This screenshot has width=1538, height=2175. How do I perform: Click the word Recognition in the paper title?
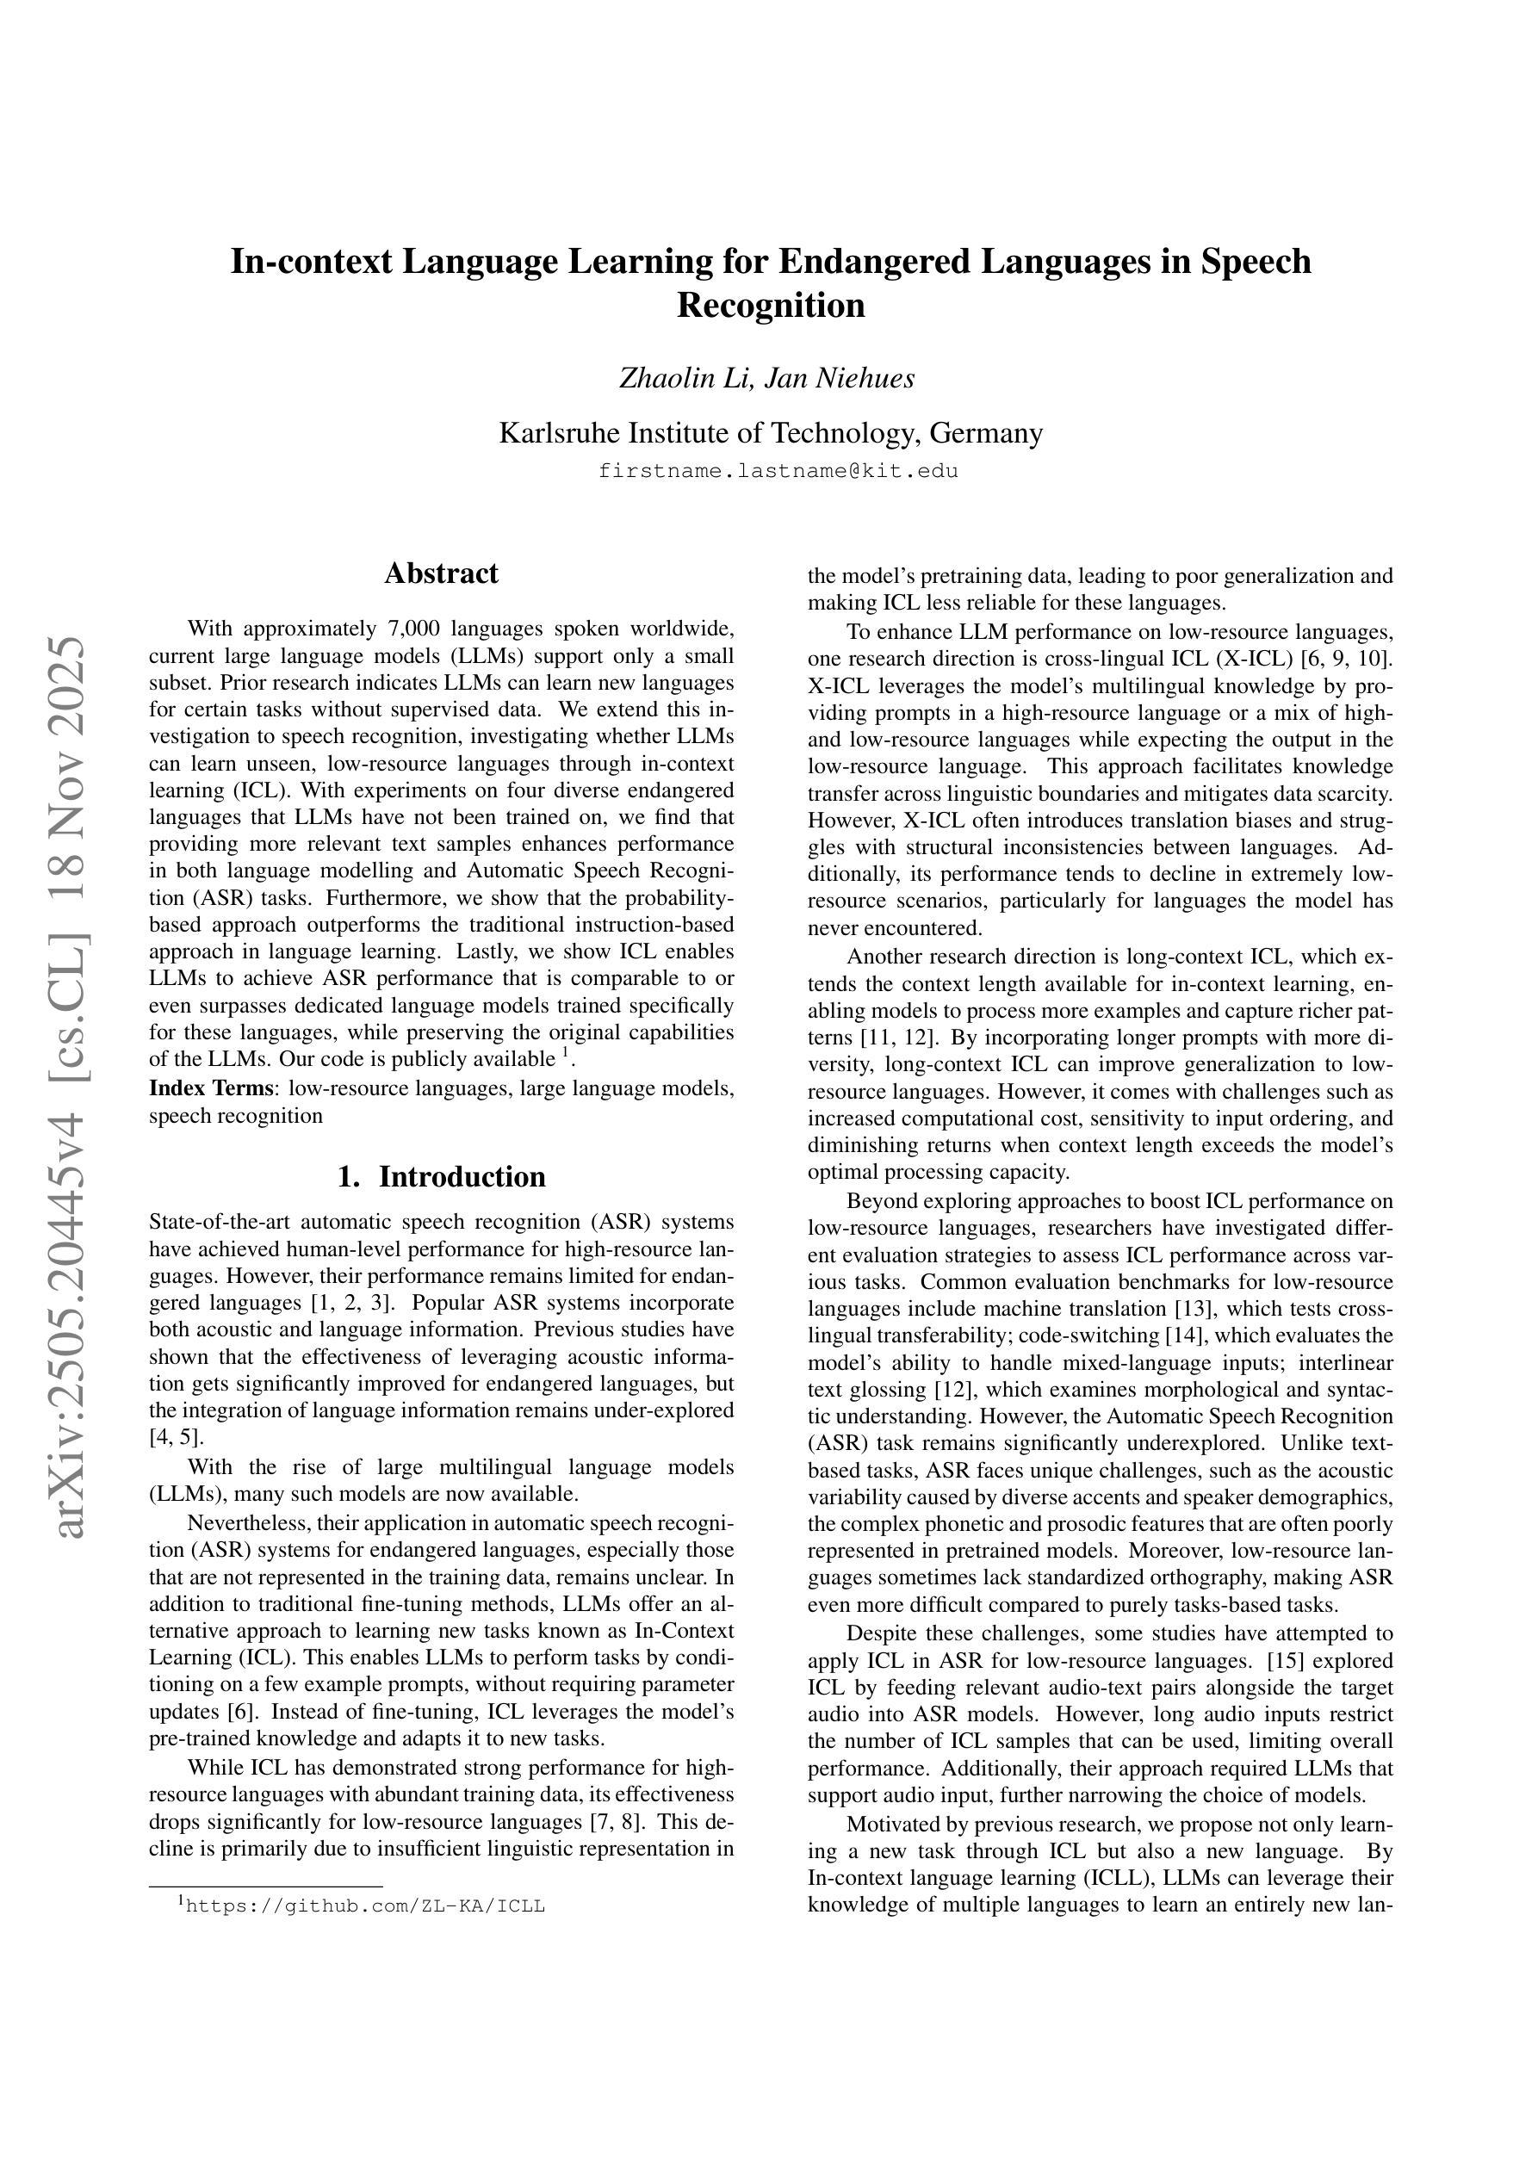point(770,306)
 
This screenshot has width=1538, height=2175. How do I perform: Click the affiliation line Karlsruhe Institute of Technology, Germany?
point(770,433)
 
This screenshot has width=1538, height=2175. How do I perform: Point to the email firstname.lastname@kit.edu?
point(778,471)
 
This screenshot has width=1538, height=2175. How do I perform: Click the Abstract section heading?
point(441,573)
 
